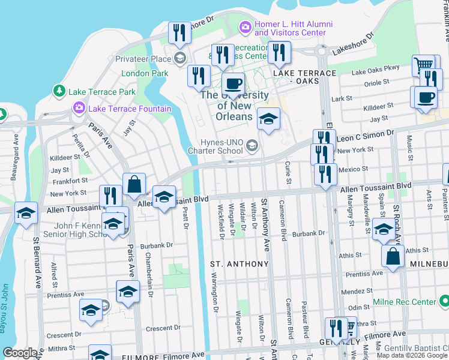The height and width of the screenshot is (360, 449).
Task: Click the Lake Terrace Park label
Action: [102, 92]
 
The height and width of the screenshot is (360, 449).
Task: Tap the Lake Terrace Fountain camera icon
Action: [79, 109]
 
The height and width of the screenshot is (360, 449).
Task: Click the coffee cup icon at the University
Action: [233, 84]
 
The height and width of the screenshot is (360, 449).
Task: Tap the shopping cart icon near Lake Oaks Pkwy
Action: [424, 65]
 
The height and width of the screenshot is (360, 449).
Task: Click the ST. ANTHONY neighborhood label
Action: [239, 264]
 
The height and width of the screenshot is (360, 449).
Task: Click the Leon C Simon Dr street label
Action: [365, 137]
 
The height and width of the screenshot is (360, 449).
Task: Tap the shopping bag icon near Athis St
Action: [392, 256]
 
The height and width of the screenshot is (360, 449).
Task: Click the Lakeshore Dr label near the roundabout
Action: [352, 44]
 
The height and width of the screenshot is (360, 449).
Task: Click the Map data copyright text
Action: [412, 355]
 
